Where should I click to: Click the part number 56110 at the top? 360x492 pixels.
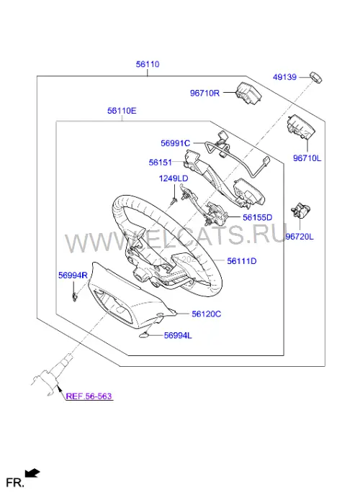tap(148, 64)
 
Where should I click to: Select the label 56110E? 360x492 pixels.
tap(122, 111)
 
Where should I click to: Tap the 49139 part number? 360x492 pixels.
tap(284, 77)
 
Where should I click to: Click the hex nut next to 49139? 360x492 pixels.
tap(315, 78)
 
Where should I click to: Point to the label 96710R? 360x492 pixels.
tap(204, 94)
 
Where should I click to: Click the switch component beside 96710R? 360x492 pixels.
tap(249, 93)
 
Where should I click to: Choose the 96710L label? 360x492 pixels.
tap(307, 158)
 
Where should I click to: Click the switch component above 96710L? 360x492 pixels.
tap(300, 127)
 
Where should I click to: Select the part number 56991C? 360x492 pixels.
tap(175, 143)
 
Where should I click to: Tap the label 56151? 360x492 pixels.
tap(161, 163)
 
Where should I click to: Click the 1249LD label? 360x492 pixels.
tap(174, 178)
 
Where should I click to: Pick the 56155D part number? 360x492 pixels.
tap(258, 217)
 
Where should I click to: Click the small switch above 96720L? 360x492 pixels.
tap(301, 210)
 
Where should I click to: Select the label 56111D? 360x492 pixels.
tap(242, 261)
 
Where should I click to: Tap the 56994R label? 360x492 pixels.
tap(73, 275)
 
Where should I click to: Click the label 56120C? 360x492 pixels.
tap(207, 314)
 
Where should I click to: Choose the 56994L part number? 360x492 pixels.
tap(178, 336)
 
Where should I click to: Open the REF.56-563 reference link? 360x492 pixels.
tap(89, 396)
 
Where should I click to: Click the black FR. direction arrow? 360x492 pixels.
tap(32, 473)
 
